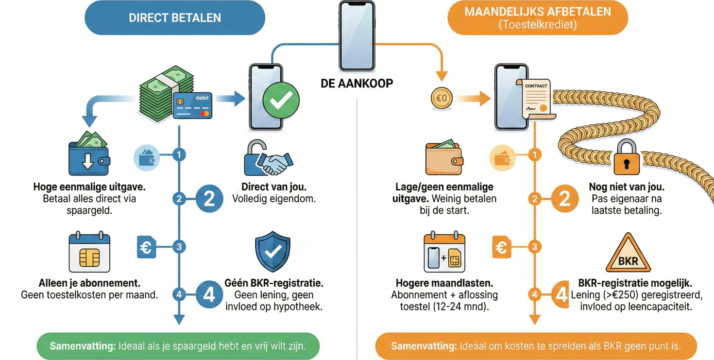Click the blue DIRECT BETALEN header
pos(175,18)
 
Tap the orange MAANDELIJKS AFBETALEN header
pos(538,18)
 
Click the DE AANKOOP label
pos(357,84)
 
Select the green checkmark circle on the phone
pos(281,100)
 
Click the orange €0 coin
pos(442,99)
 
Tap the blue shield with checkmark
pos(272,252)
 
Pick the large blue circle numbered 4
pos(209,294)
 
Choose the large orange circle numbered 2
pos(564,199)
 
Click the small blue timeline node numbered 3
pos(179,247)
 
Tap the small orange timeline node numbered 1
pos(535,155)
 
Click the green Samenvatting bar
pos(178,346)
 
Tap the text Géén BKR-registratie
pos(274,283)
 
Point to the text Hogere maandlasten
pos(444,283)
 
